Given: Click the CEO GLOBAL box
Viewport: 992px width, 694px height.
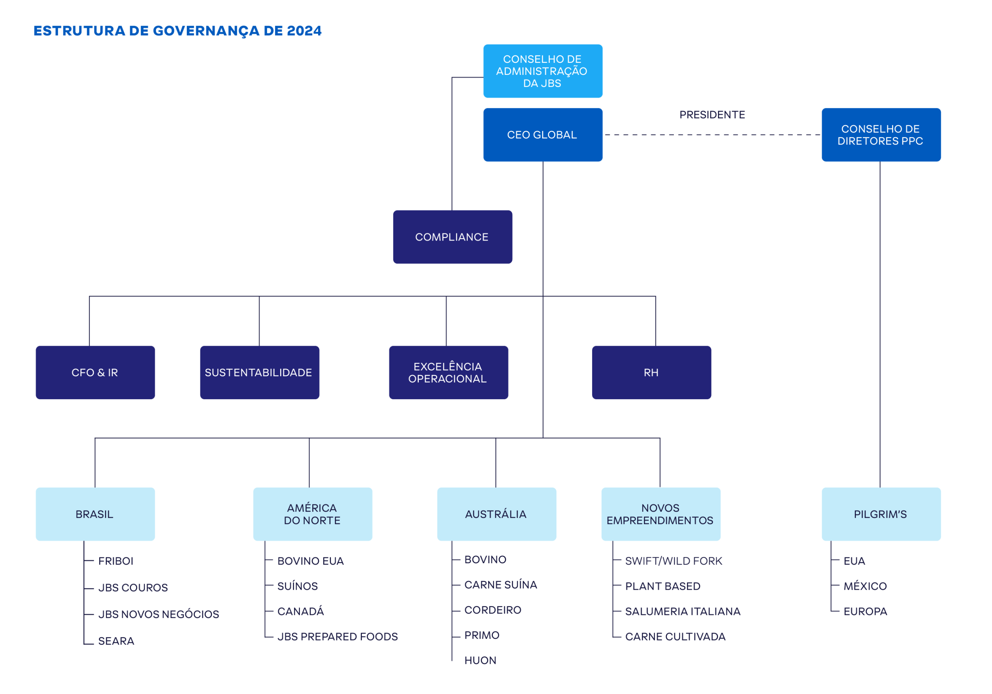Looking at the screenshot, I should tap(542, 135).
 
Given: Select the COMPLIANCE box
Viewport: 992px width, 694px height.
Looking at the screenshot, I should tap(452, 237).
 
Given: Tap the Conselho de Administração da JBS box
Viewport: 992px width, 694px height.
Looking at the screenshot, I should tap(542, 71).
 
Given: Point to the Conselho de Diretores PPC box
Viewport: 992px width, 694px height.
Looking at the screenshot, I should tap(881, 135).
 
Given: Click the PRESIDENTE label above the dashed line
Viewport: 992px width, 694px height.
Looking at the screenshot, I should tap(712, 115).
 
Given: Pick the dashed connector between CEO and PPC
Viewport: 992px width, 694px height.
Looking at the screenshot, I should tap(712, 135).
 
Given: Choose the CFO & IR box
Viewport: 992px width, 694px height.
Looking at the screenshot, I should tap(95, 372).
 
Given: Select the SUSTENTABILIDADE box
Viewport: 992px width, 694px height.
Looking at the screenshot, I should tap(259, 372).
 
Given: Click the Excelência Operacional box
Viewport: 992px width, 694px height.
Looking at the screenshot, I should tap(448, 372).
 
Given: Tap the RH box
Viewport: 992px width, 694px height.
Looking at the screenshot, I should tap(651, 372).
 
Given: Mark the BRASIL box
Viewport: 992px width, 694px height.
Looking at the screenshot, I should tap(95, 514).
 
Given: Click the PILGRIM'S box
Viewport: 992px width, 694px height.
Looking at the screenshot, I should tap(881, 514).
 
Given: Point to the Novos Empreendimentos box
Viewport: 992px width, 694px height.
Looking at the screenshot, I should tap(661, 514).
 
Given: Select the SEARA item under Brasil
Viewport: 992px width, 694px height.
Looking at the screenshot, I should tap(116, 641).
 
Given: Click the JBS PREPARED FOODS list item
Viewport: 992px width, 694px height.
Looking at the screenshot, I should tap(338, 637).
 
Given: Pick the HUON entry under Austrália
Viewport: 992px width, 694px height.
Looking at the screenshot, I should tap(480, 661).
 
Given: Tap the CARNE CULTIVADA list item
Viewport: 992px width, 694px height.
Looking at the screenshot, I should tap(675, 637).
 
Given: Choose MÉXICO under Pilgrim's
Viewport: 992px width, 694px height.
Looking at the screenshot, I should tap(865, 586).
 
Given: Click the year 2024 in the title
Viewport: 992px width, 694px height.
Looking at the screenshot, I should tap(304, 31).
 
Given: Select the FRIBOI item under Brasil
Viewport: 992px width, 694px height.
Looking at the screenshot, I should tap(116, 561).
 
